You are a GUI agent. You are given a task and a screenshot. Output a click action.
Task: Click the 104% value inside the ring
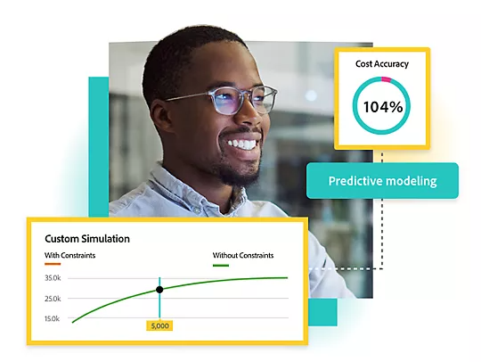pos(382,108)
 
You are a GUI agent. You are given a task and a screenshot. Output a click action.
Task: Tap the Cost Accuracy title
pos(382,64)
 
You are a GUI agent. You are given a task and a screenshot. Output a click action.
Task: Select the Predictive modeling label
pos(382,181)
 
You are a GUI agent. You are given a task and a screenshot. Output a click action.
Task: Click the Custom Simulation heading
pos(87,238)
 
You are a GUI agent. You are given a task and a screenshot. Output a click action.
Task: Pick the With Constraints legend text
pos(69,255)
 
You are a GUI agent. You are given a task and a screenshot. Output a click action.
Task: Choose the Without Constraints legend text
pos(242,255)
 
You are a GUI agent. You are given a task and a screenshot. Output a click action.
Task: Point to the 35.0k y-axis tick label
pos(53,278)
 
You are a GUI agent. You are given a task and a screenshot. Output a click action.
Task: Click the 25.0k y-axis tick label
pos(53,299)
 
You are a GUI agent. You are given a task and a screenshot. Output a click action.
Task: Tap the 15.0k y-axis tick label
pos(53,318)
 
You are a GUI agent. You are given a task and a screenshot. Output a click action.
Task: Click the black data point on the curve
pos(159,290)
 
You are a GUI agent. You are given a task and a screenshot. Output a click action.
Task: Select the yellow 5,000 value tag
pos(159,325)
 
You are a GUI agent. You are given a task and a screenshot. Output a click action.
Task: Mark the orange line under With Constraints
pos(53,264)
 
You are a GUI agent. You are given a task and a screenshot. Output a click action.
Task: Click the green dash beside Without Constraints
pos(221,265)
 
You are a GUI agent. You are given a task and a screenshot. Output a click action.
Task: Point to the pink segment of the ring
pos(386,79)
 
